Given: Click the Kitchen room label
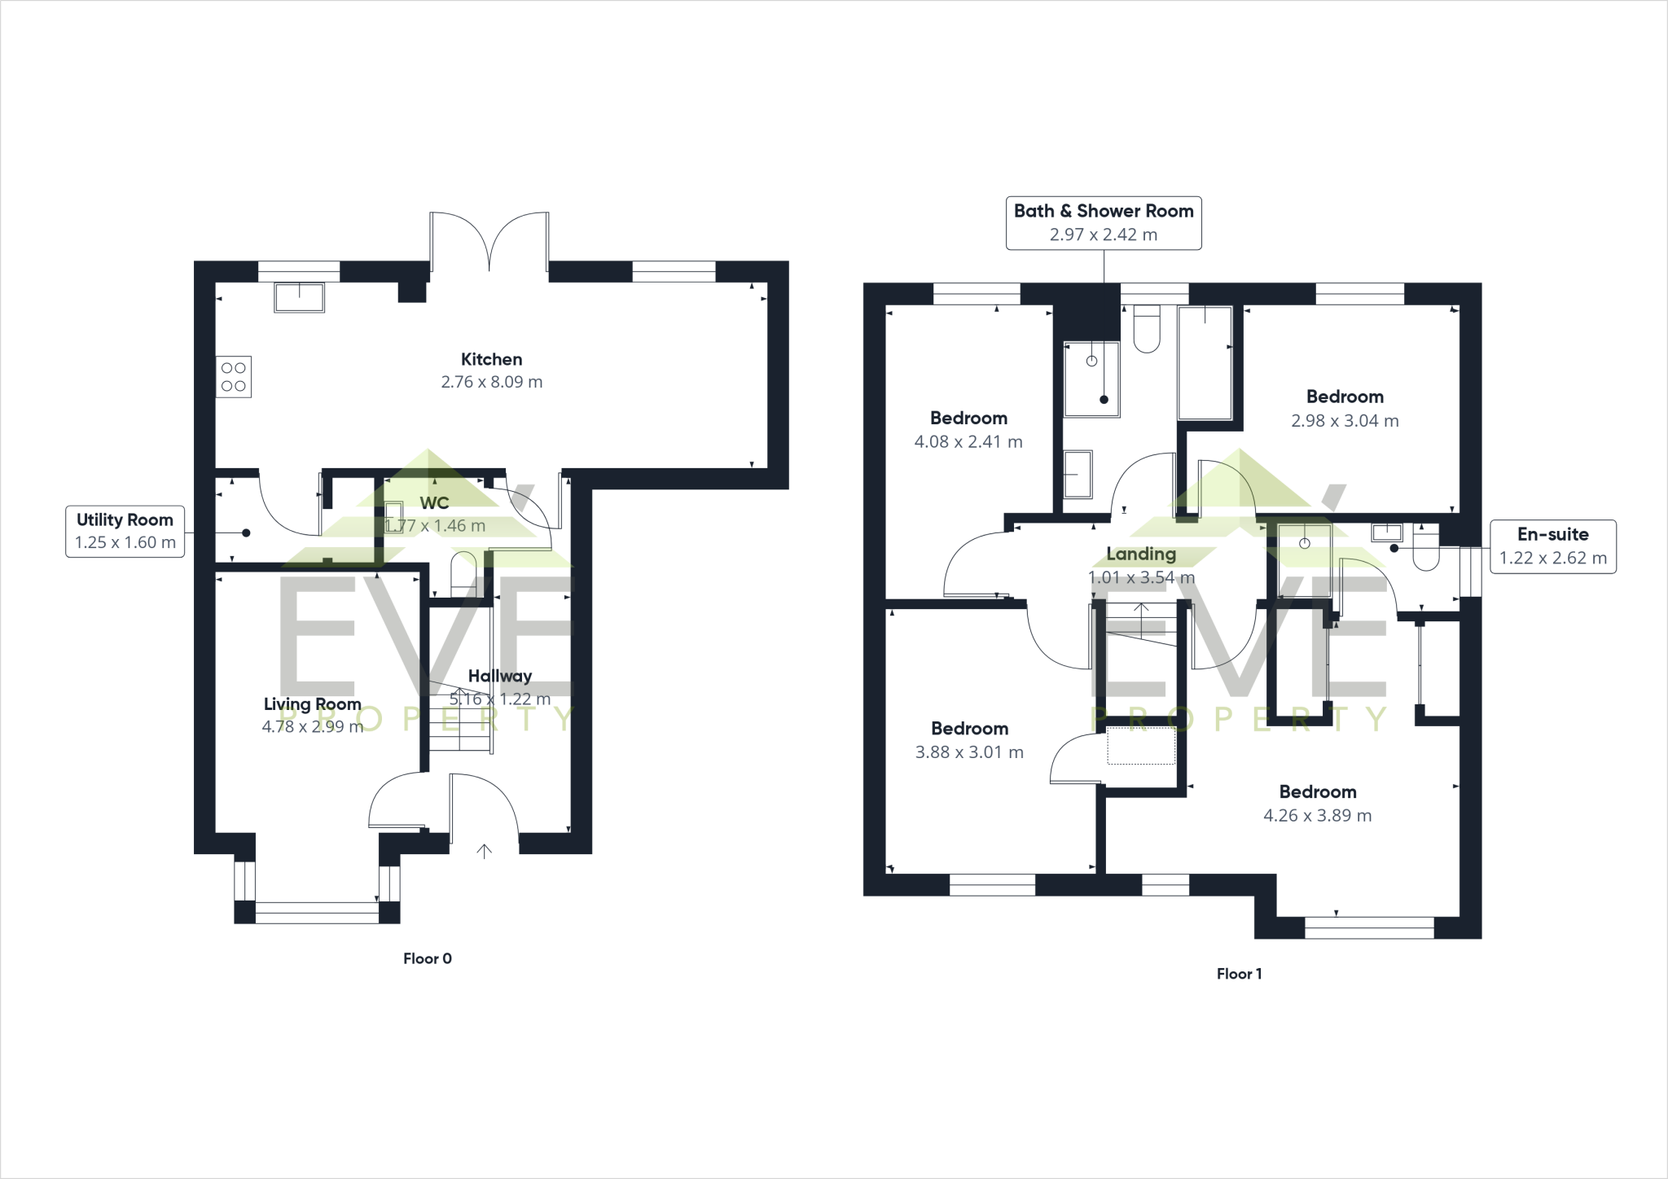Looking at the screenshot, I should click(491, 359).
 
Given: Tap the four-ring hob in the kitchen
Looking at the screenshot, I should click(234, 377).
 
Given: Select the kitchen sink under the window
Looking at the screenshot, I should click(300, 296).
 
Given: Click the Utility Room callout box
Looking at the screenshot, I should click(125, 531).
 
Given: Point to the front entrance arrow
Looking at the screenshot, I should click(485, 851).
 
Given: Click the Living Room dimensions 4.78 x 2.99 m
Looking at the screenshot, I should click(312, 727).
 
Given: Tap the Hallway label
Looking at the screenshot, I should click(499, 676).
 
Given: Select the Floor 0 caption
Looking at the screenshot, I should click(427, 958).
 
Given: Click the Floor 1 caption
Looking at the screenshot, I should click(1239, 973).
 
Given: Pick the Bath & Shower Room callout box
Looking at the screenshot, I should click(1104, 222).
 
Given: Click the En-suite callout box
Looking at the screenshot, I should click(1552, 546).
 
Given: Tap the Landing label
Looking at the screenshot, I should click(1140, 554).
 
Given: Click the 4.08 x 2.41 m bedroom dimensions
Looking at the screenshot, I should click(968, 442).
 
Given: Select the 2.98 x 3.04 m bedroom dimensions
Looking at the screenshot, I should click(1345, 421).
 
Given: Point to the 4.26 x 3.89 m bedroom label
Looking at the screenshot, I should click(1317, 791).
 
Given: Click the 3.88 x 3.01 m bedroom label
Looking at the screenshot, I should click(969, 729).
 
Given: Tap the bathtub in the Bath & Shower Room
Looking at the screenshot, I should click(1205, 363).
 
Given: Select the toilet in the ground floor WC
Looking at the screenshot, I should click(463, 573).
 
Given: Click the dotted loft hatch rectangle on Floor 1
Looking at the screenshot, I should click(1141, 746).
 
